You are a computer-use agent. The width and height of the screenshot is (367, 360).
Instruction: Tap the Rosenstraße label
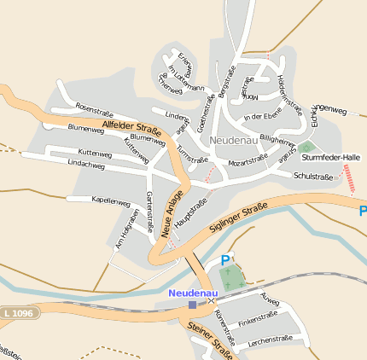[x=94, y=109]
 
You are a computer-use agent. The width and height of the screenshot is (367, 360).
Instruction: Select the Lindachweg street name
[x=86, y=162]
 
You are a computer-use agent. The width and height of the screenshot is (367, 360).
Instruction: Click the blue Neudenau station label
[x=192, y=293]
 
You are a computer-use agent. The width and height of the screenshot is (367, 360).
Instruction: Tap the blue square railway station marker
[x=192, y=304]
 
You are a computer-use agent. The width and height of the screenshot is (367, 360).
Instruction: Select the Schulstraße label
[x=312, y=176]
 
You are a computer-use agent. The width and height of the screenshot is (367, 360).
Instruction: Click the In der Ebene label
[x=262, y=116]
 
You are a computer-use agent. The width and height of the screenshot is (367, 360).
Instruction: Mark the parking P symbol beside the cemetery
[x=225, y=260]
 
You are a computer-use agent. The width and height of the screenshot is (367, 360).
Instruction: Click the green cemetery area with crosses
[x=232, y=276]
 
